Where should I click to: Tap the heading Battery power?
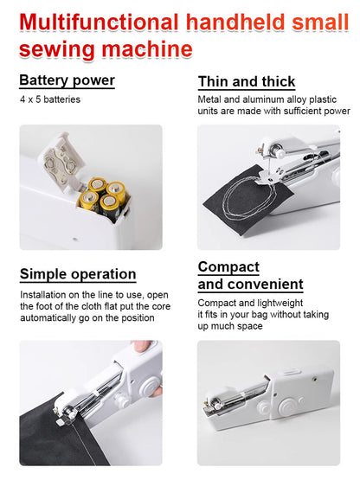click(67, 80)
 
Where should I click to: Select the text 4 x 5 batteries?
click(51, 99)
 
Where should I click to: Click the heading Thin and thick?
click(247, 81)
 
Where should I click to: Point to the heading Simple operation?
click(78, 274)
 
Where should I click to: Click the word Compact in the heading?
click(228, 266)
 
